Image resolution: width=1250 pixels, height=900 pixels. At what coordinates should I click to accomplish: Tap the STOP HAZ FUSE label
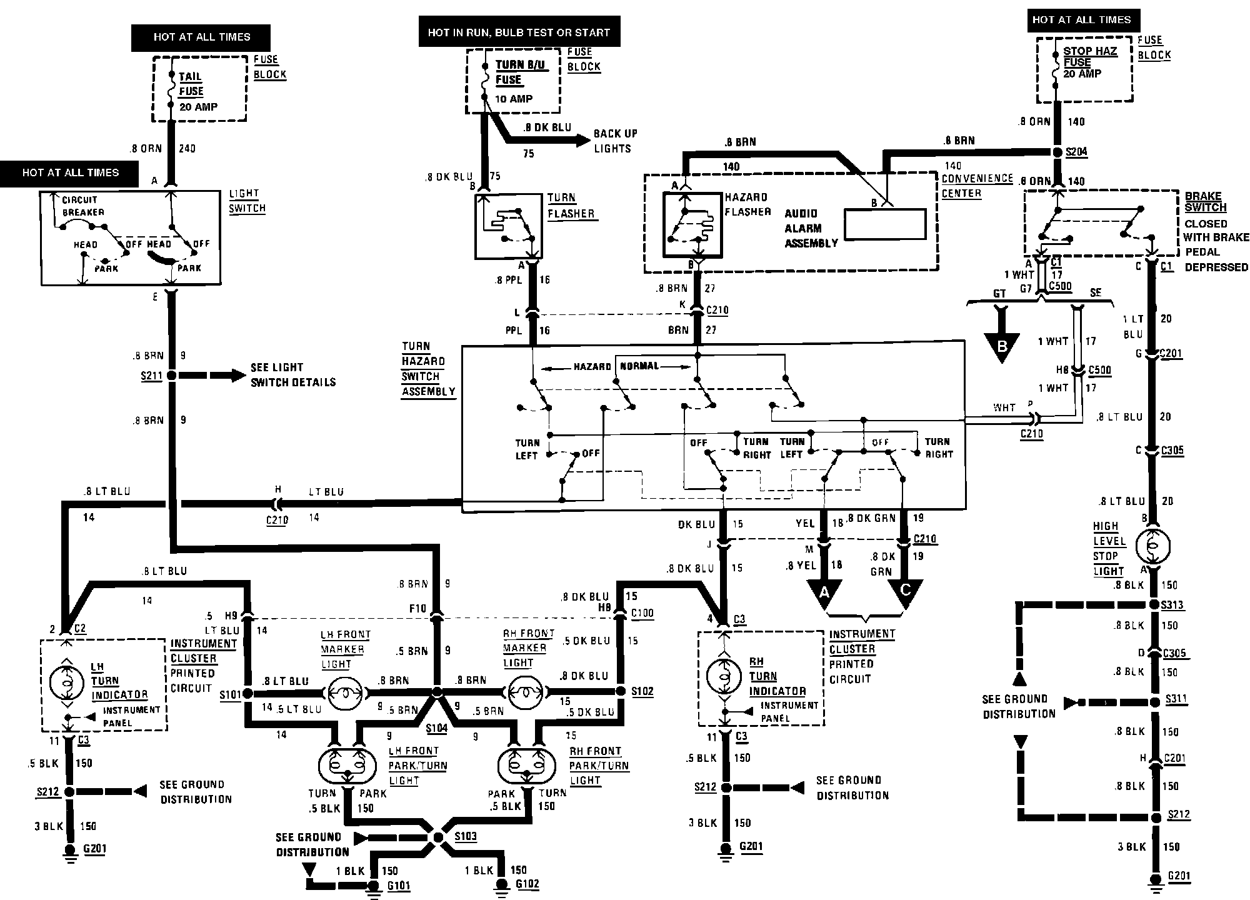tap(1090, 56)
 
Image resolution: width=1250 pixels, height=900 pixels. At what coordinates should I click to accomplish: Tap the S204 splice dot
tap(1057, 152)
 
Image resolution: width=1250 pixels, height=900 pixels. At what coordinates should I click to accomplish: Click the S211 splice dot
tap(171, 376)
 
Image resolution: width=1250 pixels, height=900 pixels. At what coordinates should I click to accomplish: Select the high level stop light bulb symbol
tap(1152, 547)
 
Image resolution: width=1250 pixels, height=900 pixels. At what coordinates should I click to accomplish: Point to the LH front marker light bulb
tap(346, 692)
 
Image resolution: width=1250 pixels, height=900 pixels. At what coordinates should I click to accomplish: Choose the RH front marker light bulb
tap(526, 692)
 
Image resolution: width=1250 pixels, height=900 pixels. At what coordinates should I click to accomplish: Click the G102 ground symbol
tap(501, 885)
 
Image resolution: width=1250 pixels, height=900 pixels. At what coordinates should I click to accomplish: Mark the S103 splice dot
tap(437, 837)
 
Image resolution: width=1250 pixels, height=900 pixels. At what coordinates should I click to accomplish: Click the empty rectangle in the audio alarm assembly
tap(884, 224)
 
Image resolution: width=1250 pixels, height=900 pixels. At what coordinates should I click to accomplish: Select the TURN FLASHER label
tap(571, 206)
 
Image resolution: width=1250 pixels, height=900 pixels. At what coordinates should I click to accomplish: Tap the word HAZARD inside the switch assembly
tap(592, 367)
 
